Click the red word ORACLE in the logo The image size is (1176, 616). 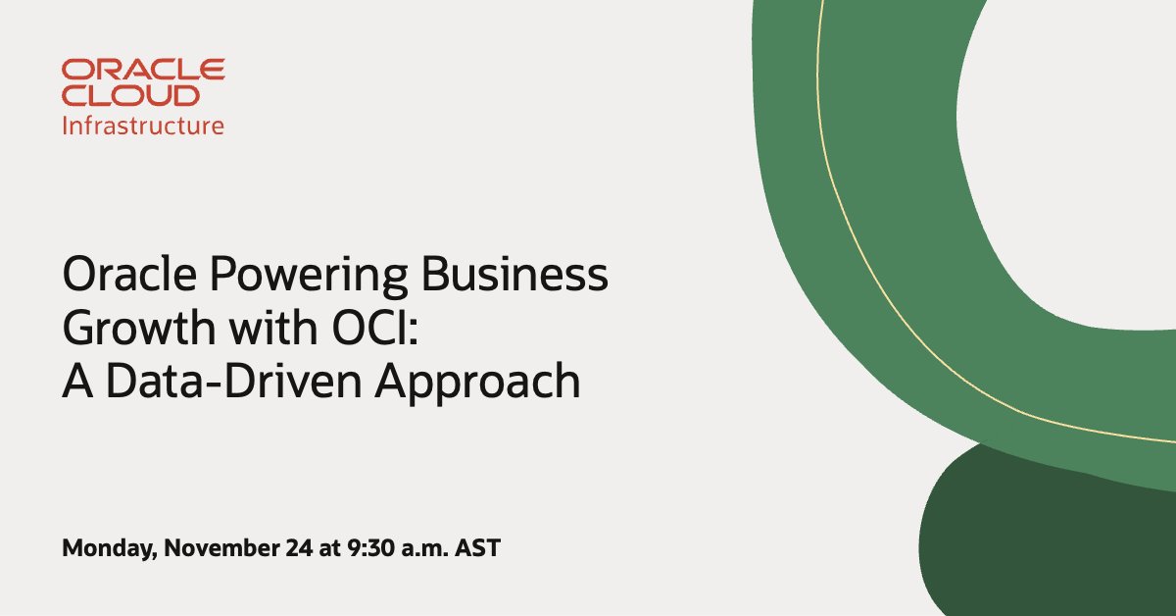143,70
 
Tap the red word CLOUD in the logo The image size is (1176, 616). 130,95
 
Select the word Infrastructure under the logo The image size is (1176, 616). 143,126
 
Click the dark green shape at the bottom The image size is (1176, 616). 1039,549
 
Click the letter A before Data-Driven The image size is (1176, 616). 75,382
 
